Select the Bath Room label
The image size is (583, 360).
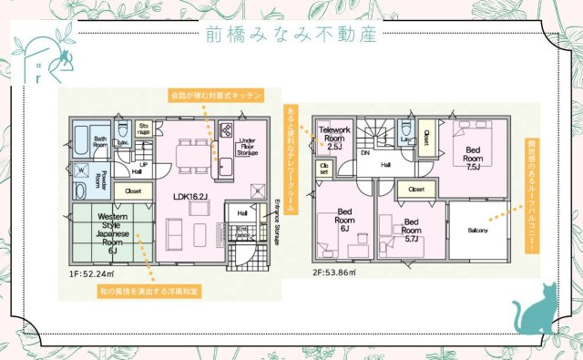[x=100, y=141]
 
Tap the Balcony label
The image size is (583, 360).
[x=479, y=230]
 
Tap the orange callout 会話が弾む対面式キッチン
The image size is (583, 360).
[x=216, y=95]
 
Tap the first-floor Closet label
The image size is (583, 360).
[x=134, y=191]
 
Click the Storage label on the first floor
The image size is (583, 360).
[x=144, y=129]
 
